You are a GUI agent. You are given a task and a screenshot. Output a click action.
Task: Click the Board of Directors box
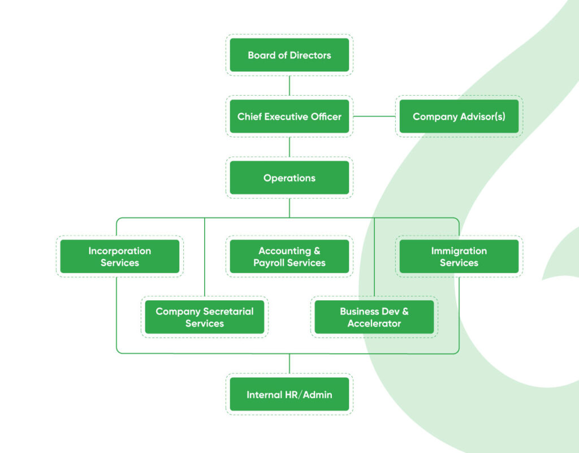(x=289, y=55)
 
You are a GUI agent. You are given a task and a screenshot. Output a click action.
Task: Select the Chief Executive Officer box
(x=289, y=117)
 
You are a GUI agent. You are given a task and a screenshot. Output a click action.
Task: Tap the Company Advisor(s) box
(x=459, y=117)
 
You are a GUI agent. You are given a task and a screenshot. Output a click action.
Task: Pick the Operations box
(x=289, y=178)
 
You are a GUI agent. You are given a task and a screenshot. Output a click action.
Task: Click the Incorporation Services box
(x=119, y=257)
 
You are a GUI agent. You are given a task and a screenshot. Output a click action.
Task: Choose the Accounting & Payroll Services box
(x=289, y=257)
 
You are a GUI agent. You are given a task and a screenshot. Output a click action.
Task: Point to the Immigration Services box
(x=459, y=257)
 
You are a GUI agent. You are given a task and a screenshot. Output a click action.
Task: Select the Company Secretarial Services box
(x=204, y=317)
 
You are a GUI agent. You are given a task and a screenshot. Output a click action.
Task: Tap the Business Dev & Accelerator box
(x=374, y=317)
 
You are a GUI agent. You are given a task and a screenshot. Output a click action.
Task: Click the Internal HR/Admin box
(x=289, y=394)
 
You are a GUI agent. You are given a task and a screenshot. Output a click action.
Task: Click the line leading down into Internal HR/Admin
(x=289, y=364)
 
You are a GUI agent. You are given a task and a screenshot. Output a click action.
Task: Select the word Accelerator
(x=374, y=323)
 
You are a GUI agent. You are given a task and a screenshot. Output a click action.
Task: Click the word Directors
(x=309, y=55)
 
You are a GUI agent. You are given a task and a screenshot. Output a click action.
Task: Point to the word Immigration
(x=459, y=251)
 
